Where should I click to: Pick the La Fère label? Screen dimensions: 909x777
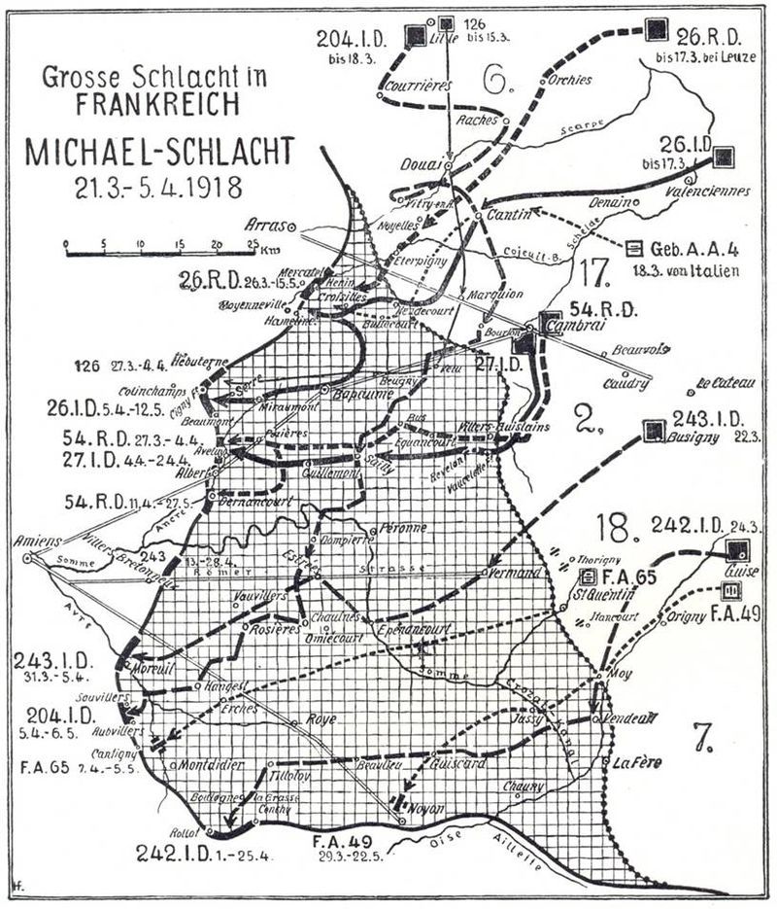pyautogui.click(x=637, y=763)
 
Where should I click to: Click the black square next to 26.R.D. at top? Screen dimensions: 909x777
pyautogui.click(x=657, y=29)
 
